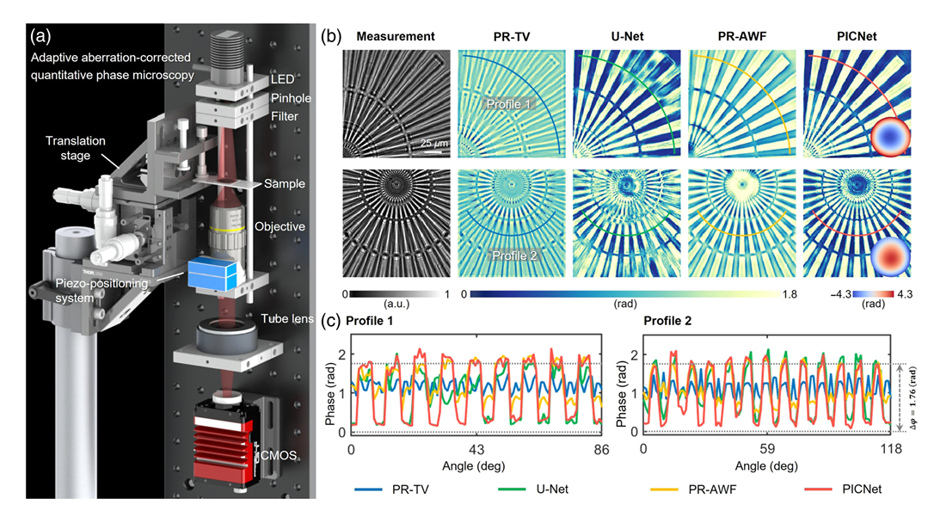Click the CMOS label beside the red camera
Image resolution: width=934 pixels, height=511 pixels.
coord(279,456)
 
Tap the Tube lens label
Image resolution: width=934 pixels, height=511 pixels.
coord(287,318)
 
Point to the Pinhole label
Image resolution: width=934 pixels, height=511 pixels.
coord(292,98)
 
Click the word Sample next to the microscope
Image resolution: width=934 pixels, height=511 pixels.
coord(285,184)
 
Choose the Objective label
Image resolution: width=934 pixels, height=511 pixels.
coord(280,226)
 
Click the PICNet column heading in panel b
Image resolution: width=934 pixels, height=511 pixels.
coord(857,36)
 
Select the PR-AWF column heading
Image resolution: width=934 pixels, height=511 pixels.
coord(742,36)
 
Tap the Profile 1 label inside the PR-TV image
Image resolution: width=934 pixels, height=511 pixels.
coord(508,104)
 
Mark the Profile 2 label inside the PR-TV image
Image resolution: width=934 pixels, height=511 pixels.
coord(514,255)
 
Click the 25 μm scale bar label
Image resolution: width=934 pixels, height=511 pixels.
coord(434,143)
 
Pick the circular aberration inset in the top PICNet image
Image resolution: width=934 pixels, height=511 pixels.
coord(890,137)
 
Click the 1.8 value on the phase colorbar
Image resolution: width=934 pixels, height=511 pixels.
coord(790,294)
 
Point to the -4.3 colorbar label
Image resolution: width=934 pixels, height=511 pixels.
coord(841,294)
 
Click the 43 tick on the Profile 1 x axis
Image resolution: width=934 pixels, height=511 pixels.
coord(476,450)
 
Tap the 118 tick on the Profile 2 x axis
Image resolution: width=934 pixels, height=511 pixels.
coord(892,448)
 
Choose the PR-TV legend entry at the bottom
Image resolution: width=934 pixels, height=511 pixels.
coord(392,489)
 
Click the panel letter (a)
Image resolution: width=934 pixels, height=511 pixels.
coord(40,36)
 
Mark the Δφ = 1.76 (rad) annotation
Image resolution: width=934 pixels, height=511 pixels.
coord(913,397)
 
